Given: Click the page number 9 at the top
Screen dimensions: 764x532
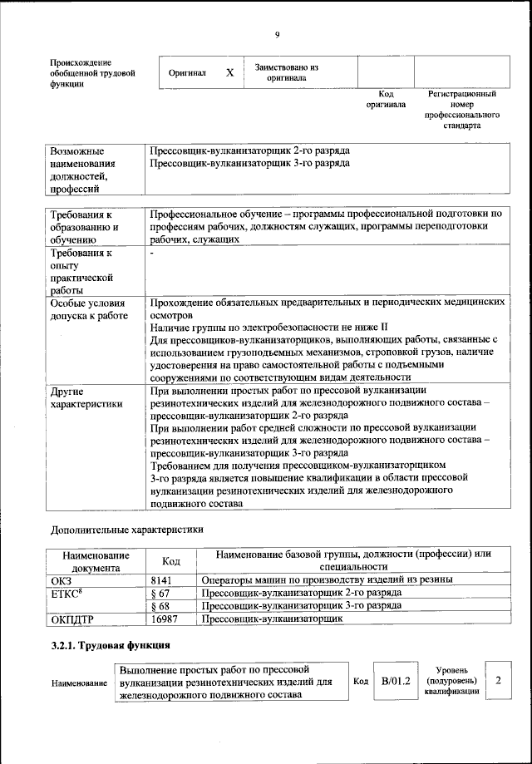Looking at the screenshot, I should [278, 34].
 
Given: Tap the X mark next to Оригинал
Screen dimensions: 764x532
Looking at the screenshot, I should [229, 73].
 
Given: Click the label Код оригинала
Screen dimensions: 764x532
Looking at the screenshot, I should [386, 100].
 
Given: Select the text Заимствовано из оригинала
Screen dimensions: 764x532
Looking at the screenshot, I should [286, 72].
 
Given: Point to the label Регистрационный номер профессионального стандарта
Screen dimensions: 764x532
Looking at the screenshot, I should [462, 111].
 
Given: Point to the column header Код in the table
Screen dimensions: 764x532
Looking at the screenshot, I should [170, 561].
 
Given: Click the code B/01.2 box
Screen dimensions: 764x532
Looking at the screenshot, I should [391, 681].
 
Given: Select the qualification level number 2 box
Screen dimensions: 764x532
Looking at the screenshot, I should [498, 681].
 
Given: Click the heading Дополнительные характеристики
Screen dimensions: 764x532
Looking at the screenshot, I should [126, 529].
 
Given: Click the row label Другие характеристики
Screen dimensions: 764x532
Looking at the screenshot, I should [87, 397].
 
